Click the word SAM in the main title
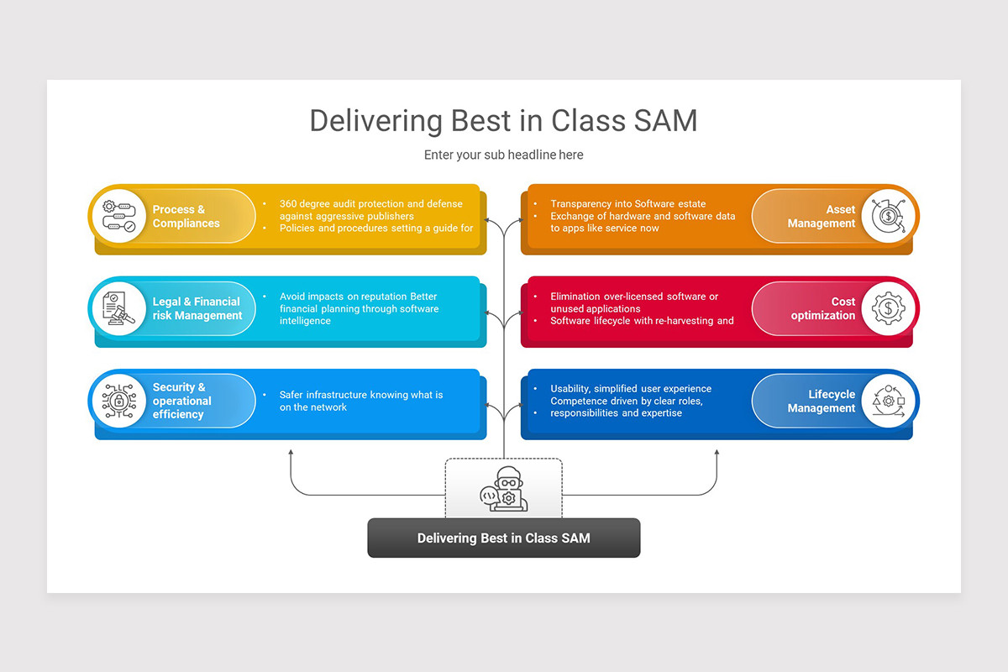[x=664, y=121]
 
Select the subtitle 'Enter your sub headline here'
[x=503, y=155]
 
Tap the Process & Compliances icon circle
[x=118, y=217]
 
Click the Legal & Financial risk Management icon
[x=118, y=309]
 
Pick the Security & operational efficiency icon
[x=118, y=401]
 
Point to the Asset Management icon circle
[x=889, y=217]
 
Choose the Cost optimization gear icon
[x=889, y=309]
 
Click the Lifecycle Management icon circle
[x=889, y=401]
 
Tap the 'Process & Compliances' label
[x=186, y=217]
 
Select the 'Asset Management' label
[x=821, y=217]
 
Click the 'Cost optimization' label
[x=822, y=308]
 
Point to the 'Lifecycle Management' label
[x=821, y=401]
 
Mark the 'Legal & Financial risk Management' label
[x=197, y=308]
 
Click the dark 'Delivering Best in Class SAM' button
[x=503, y=538]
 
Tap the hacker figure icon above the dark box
[x=503, y=490]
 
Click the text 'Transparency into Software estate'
[x=627, y=204]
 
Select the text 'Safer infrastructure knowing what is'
[x=360, y=395]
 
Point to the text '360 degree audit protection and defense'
[x=370, y=204]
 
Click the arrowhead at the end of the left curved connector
[x=291, y=453]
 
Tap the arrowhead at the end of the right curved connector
[x=717, y=453]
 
